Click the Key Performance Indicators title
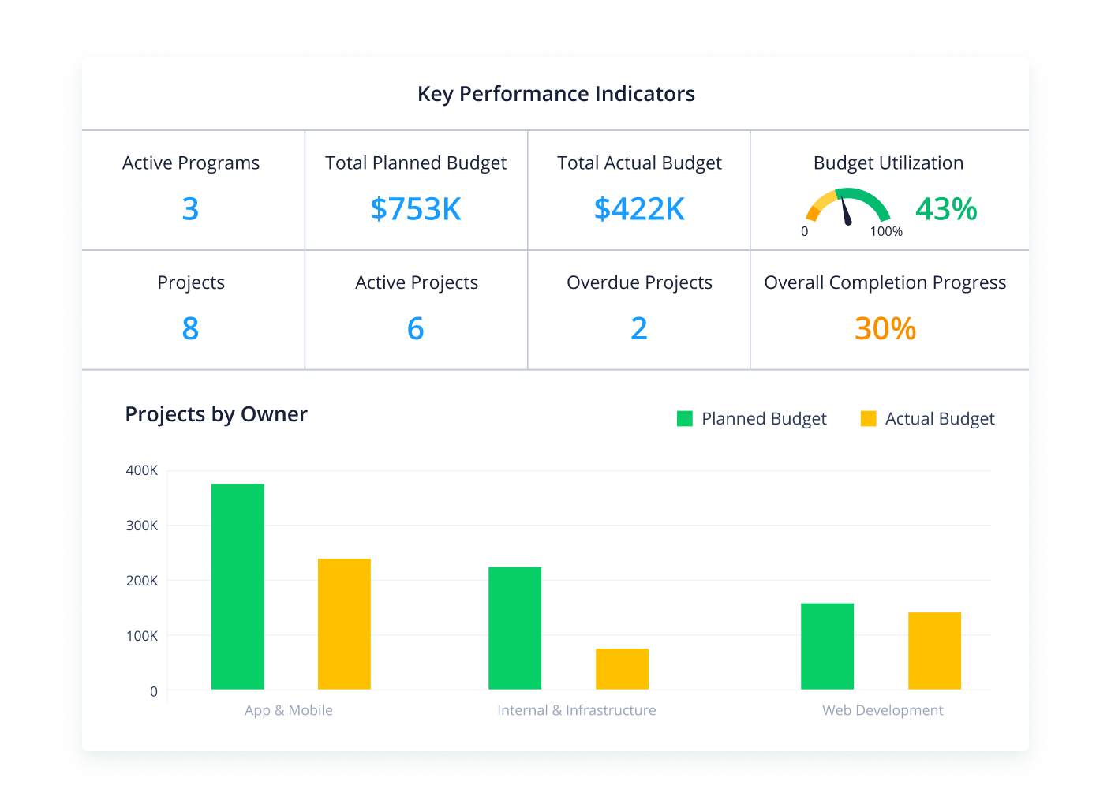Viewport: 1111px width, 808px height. (x=555, y=94)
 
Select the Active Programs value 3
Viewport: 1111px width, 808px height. (x=190, y=209)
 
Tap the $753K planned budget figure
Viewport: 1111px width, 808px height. (x=416, y=209)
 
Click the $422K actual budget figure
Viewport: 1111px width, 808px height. (x=639, y=209)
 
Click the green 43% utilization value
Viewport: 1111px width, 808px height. (x=946, y=209)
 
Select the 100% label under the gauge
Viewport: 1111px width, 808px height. (x=886, y=232)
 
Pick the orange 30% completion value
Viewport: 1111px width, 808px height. (x=885, y=328)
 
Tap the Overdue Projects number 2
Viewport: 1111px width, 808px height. (x=639, y=328)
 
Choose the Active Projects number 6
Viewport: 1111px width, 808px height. (x=416, y=328)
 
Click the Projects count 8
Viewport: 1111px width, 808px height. (x=190, y=328)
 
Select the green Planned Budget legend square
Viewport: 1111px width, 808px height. (x=684, y=419)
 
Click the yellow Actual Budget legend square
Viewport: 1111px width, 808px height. (x=868, y=419)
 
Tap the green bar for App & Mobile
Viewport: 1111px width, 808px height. (x=238, y=586)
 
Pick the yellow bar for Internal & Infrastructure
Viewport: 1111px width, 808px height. (x=622, y=669)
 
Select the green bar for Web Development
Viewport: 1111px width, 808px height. (x=827, y=646)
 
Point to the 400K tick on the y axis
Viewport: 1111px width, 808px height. (x=142, y=470)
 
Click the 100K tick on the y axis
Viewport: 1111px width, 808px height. (x=142, y=636)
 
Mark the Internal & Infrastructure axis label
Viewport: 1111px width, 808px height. (x=576, y=710)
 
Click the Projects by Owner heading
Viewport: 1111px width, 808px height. (x=216, y=414)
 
